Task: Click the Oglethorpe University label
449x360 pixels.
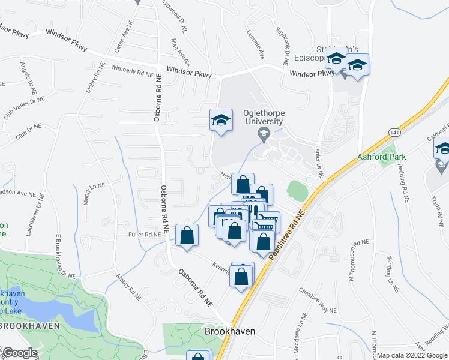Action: [x=262, y=117]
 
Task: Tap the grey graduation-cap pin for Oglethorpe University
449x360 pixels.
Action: [x=263, y=133]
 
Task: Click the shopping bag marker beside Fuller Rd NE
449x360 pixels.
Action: [x=187, y=236]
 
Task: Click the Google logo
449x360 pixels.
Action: [x=19, y=353]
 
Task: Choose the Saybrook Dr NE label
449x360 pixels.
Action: [x=282, y=46]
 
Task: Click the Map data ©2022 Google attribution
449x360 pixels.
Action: [x=411, y=355]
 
